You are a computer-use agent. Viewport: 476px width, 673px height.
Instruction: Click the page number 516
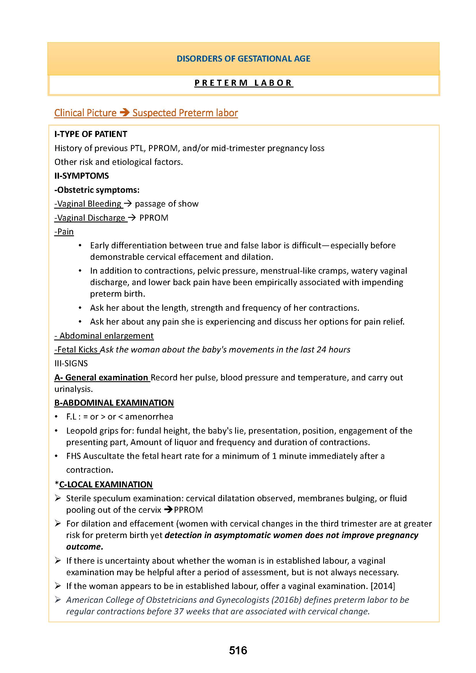tap(238, 651)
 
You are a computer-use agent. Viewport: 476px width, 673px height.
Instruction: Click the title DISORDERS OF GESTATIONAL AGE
tap(243, 59)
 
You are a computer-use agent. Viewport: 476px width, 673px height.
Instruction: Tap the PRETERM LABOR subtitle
tap(243, 83)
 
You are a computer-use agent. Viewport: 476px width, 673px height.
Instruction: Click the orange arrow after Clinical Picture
tap(125, 113)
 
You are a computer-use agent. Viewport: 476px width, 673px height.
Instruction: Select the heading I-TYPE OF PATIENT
tap(91, 134)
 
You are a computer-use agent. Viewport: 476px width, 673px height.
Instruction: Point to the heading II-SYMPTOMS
tap(81, 176)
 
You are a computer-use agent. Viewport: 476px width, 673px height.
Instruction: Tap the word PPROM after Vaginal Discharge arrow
tap(154, 218)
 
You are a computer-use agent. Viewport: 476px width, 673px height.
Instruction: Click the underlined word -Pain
tap(64, 232)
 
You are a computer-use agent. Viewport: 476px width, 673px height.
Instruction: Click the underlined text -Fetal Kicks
tap(77, 350)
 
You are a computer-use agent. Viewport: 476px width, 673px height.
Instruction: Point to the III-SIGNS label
tap(71, 363)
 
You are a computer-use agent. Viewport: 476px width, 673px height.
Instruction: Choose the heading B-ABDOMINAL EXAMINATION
tap(114, 403)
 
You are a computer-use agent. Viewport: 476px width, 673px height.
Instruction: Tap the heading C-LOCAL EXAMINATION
tap(106, 484)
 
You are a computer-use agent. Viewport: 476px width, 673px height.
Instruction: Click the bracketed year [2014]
tap(383, 586)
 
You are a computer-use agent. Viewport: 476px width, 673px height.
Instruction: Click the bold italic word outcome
tap(84, 547)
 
